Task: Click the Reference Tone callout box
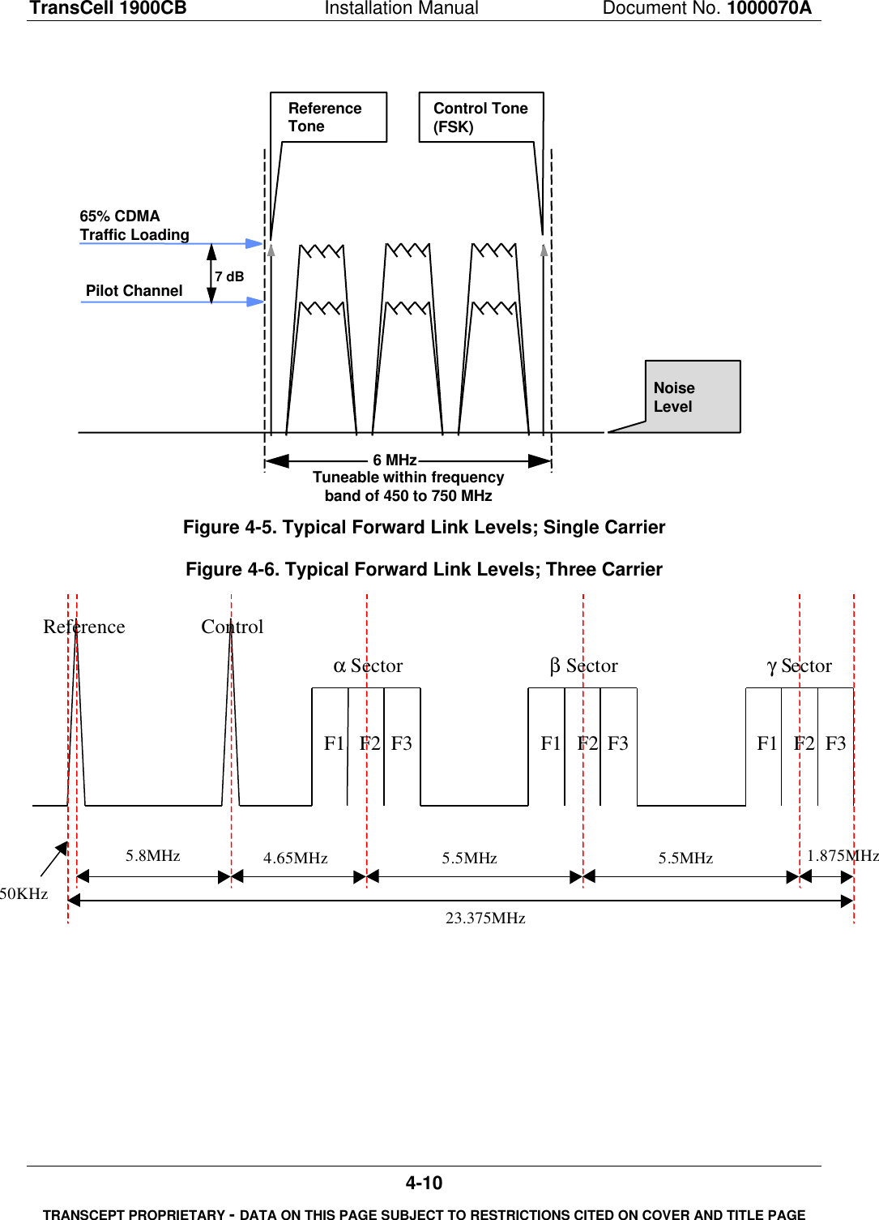[x=328, y=118]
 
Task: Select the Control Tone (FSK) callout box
[x=480, y=118]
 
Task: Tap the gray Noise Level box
[x=693, y=397]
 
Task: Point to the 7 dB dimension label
[x=229, y=276]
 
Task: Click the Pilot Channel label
[x=134, y=290]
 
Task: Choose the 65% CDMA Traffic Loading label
[x=134, y=225]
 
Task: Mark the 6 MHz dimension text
[x=395, y=460]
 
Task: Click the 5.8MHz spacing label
[x=153, y=855]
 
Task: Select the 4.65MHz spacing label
[x=296, y=858]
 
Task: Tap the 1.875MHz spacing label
[x=843, y=855]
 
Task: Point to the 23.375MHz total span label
[x=485, y=918]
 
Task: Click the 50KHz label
[x=24, y=893]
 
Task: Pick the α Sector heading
[x=369, y=666]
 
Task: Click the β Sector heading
[x=584, y=666]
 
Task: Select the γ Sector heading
[x=800, y=666]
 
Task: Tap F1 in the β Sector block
[x=551, y=743]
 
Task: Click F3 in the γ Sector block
[x=835, y=743]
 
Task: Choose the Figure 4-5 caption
[x=424, y=527]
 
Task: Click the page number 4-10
[x=424, y=1183]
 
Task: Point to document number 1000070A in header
[x=769, y=8]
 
